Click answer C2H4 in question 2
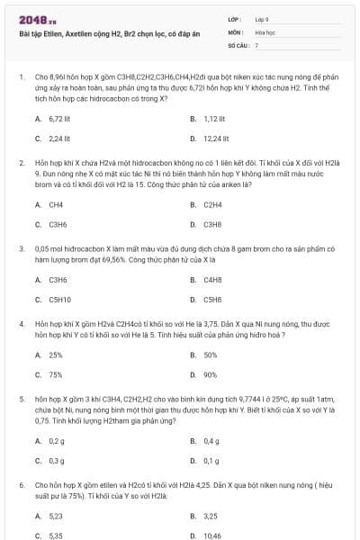tap(212, 204)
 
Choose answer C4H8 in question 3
tap(212, 279)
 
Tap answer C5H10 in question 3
tap(59, 299)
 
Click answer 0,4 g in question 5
tap(211, 441)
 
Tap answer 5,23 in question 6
tap(56, 516)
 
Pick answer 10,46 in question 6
tap(212, 535)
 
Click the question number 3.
tap(21, 247)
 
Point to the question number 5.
tap(21, 397)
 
